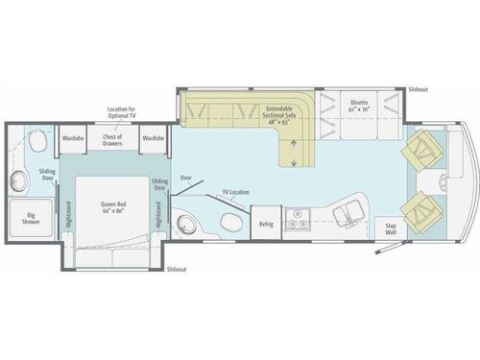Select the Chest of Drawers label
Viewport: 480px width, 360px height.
[113, 140]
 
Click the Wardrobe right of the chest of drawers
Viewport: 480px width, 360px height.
[153, 138]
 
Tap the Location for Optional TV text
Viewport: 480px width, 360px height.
[121, 114]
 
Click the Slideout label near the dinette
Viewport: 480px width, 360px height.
[418, 87]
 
